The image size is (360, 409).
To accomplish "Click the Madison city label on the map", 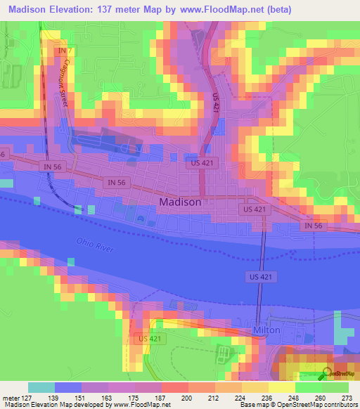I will tap(181, 202).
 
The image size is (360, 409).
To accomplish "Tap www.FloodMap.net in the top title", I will tap(224, 11).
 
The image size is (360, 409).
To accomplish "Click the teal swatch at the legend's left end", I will tap(41, 387).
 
